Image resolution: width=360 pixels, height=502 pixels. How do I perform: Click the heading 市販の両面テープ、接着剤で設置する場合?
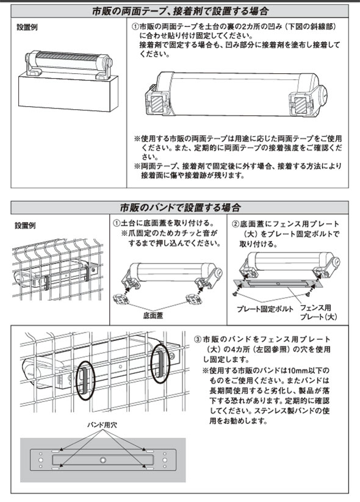[x=179, y=12]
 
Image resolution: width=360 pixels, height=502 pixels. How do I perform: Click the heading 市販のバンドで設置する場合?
[x=180, y=208]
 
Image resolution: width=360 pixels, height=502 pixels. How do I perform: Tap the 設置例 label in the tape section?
[x=27, y=27]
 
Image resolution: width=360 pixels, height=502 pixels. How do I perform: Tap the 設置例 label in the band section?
[x=25, y=226]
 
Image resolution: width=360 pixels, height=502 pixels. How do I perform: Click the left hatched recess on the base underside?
[x=157, y=104]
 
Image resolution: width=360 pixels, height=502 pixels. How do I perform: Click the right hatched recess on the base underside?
[x=300, y=104]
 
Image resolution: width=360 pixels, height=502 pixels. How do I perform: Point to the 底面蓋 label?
[x=153, y=316]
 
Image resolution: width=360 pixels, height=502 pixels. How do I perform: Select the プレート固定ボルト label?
[x=265, y=309]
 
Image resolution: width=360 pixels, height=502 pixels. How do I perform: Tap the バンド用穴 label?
[x=102, y=425]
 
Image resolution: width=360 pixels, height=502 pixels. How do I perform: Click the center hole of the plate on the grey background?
[x=103, y=460]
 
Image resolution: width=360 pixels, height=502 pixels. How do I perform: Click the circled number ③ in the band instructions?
[x=198, y=339]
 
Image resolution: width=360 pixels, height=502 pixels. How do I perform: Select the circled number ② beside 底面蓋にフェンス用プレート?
[x=236, y=224]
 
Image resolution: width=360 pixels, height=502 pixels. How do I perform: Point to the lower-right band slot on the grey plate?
[x=148, y=468]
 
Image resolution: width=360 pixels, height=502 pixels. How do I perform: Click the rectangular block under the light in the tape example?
[x=68, y=93]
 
